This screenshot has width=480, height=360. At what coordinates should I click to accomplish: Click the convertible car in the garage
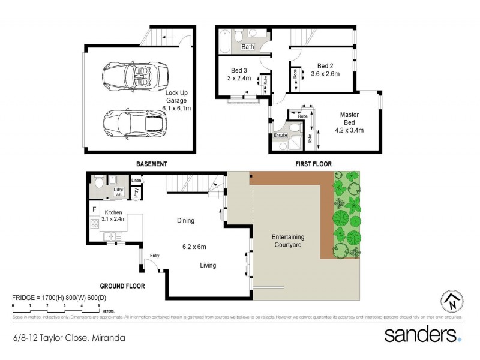pyautogui.click(x=130, y=76)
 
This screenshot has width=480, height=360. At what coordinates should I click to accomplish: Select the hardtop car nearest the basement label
pyautogui.click(x=133, y=123)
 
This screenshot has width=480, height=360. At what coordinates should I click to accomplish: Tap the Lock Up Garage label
pyautogui.click(x=177, y=100)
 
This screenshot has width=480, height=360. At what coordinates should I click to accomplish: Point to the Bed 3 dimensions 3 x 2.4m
pyautogui.click(x=238, y=77)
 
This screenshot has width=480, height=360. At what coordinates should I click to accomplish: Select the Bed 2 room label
pyautogui.click(x=325, y=66)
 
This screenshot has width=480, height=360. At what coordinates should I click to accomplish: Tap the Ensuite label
pyautogui.click(x=281, y=136)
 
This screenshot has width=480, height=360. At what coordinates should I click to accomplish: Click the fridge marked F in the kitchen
pyautogui.click(x=94, y=209)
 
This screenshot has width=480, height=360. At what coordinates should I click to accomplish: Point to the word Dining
pyautogui.click(x=185, y=221)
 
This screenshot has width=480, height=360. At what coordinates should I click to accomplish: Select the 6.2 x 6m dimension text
pyautogui.click(x=194, y=246)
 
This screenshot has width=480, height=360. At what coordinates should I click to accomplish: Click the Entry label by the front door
pyautogui.click(x=155, y=256)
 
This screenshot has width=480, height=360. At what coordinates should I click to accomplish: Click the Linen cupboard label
pyautogui.click(x=137, y=180)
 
